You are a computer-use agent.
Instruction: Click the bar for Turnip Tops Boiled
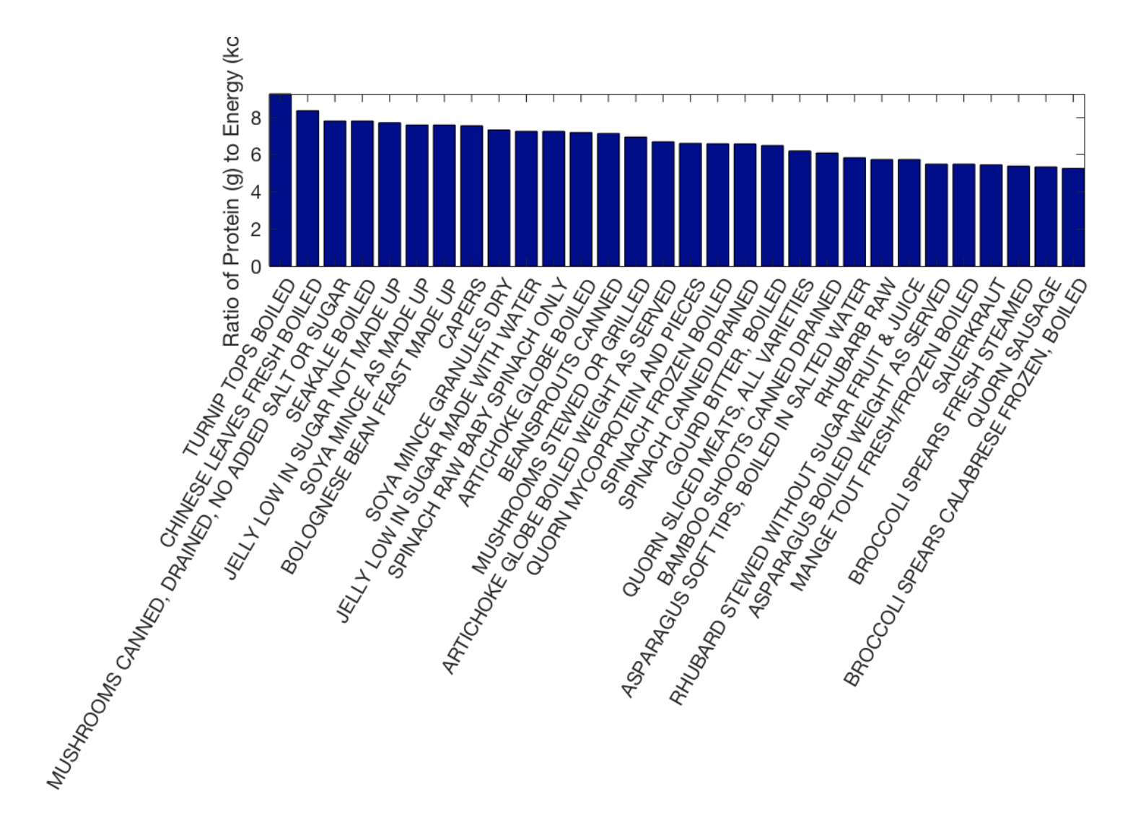click(x=280, y=180)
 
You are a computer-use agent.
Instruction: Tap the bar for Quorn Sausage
click(x=1046, y=216)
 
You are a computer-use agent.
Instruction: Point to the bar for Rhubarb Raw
click(x=881, y=213)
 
